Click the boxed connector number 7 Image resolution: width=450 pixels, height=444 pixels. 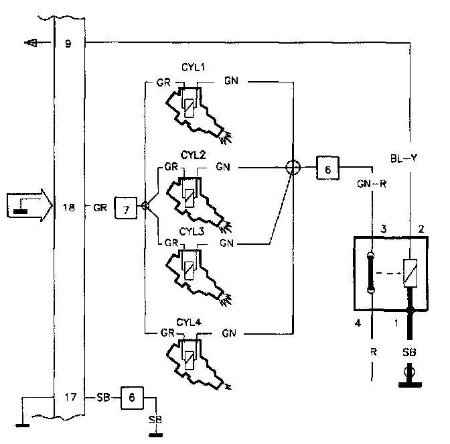click(x=126, y=208)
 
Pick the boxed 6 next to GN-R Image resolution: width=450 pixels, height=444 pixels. click(x=327, y=169)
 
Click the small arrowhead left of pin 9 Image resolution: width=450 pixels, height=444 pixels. click(x=31, y=44)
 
